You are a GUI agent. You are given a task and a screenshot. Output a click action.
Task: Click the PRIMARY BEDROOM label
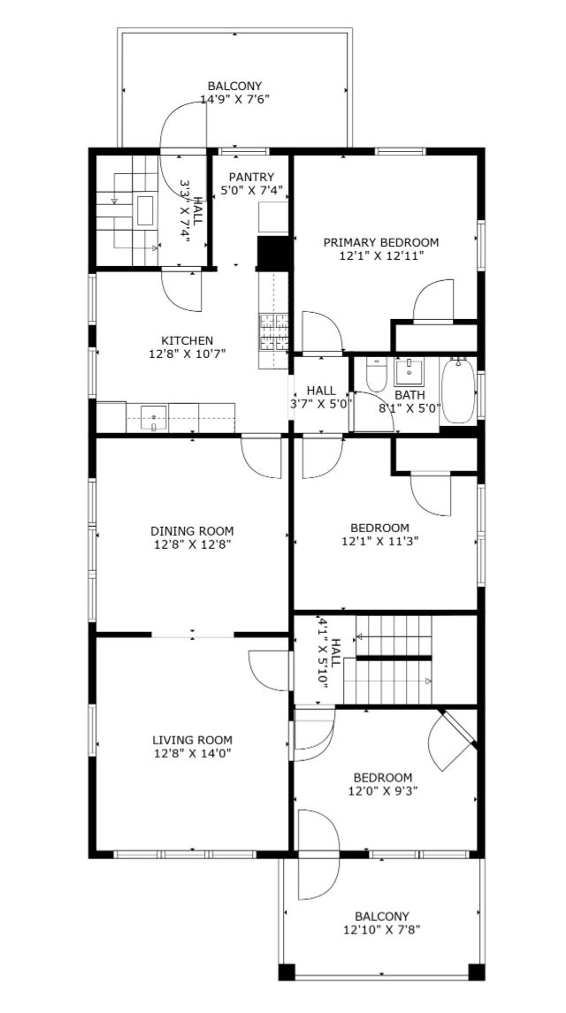(x=380, y=242)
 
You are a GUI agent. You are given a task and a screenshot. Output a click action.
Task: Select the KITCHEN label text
(x=187, y=339)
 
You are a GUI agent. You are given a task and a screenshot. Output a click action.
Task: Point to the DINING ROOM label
(x=192, y=531)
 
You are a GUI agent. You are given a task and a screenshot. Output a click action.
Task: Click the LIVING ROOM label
(x=192, y=740)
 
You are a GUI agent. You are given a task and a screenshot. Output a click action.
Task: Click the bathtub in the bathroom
(x=458, y=392)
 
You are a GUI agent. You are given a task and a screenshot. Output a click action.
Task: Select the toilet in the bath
(x=376, y=372)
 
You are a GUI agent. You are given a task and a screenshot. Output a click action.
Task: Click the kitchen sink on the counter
(x=154, y=418)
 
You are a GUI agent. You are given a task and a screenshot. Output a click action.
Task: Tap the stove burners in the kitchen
(x=273, y=332)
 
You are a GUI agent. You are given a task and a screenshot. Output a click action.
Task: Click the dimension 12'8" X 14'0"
(x=192, y=752)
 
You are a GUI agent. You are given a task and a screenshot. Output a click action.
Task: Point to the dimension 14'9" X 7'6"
(x=234, y=99)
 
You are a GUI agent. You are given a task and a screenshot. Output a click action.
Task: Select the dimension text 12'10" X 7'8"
(x=382, y=930)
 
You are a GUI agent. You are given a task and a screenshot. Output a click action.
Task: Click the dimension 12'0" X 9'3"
(x=382, y=790)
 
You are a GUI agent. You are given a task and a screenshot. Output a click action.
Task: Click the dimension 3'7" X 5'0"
(x=321, y=405)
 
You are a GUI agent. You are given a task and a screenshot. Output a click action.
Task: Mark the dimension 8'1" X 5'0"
(x=409, y=407)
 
